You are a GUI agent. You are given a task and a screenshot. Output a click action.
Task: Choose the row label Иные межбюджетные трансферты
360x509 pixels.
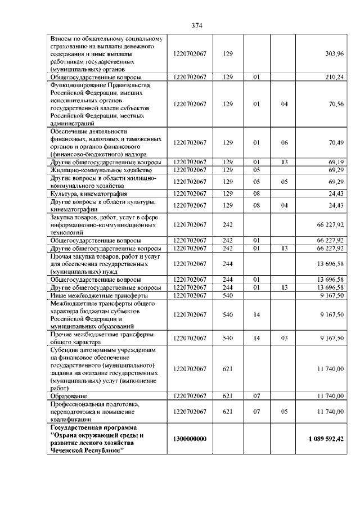coord(88,295)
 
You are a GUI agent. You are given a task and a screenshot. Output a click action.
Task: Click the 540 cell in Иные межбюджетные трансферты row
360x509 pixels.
coord(227,295)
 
